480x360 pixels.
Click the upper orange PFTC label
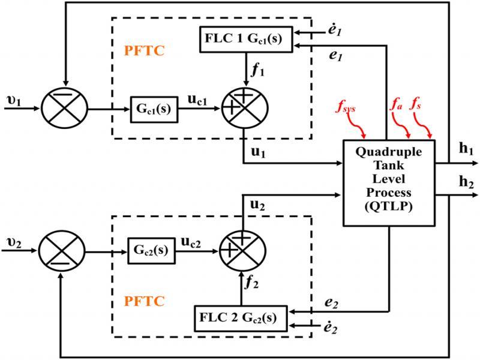(x=144, y=50)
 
